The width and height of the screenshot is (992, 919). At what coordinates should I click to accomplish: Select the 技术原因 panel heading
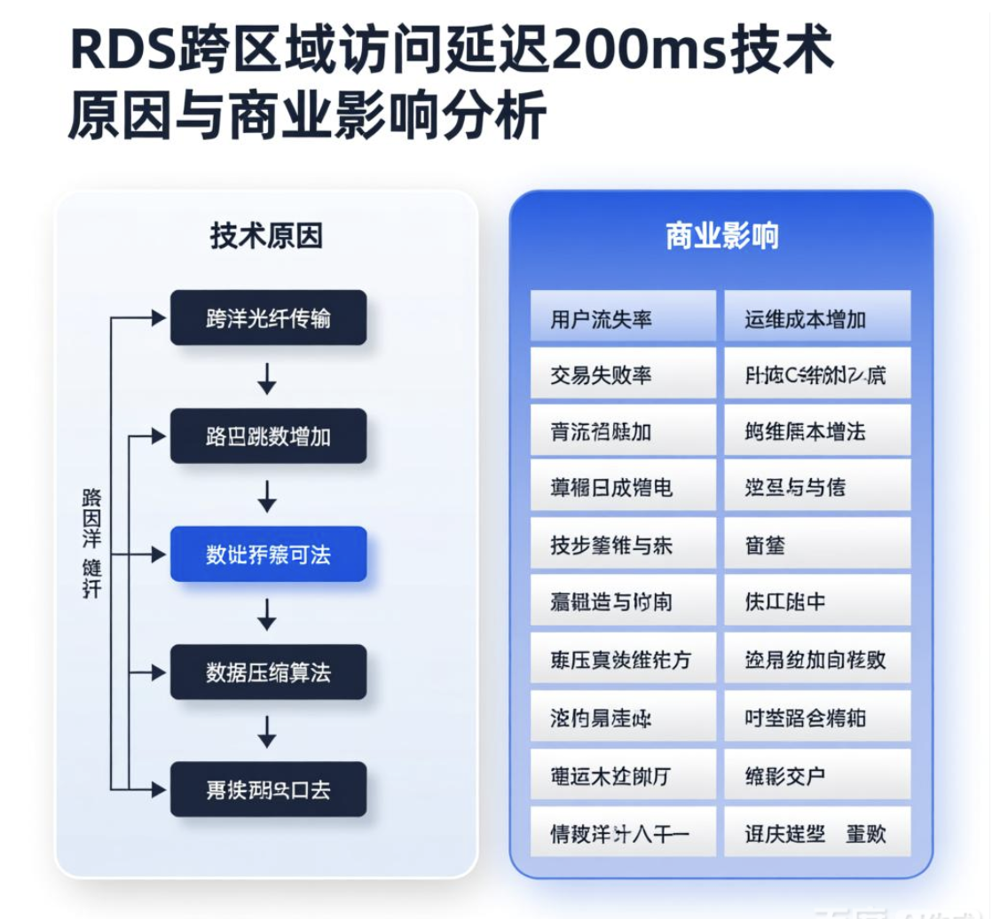[266, 236]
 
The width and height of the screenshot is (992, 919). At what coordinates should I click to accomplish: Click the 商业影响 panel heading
[720, 236]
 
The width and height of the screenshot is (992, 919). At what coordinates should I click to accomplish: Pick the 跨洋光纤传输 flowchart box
[268, 318]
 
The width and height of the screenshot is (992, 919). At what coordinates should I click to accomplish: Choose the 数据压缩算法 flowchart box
[268, 672]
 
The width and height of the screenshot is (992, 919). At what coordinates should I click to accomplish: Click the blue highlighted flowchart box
[268, 554]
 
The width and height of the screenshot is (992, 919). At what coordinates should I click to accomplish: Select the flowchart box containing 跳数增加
[268, 436]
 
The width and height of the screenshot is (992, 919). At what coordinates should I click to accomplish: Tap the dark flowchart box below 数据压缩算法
[268, 789]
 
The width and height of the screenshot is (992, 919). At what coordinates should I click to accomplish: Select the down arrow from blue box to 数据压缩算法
[267, 613]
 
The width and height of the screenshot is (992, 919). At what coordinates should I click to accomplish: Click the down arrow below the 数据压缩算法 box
[267, 731]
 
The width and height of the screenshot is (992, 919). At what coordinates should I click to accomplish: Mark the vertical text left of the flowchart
[91, 542]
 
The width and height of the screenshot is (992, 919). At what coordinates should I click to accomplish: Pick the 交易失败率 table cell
[622, 375]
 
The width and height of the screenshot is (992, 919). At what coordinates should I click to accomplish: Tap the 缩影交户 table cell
[817, 776]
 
